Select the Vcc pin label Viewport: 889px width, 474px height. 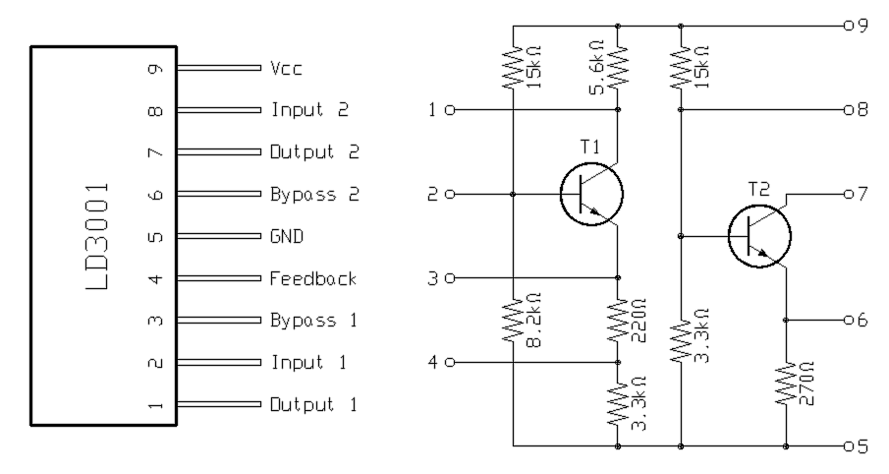287,69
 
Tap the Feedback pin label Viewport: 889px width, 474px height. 312,279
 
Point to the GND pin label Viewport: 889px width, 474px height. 287,237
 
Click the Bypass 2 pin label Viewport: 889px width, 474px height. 314,195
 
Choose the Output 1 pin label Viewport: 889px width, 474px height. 313,404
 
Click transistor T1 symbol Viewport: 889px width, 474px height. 592,194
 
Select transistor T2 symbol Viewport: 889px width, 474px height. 759,236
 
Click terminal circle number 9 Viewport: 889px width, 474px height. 848,26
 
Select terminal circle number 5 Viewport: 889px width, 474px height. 848,446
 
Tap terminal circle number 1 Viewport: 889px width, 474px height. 450,110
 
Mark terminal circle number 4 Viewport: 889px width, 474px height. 450,363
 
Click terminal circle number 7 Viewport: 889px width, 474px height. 848,195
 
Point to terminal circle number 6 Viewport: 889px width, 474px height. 848,321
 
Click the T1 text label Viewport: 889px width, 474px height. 589,146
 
